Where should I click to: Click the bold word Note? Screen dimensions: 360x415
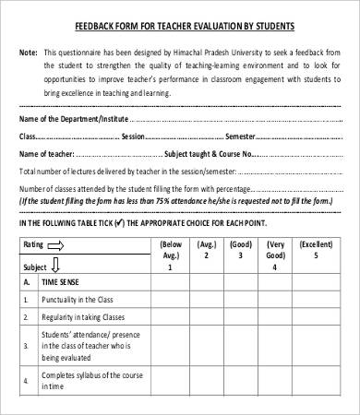point(29,53)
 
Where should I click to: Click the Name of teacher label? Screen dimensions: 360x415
point(45,153)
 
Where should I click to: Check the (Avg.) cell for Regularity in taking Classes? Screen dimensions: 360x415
point(207,316)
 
